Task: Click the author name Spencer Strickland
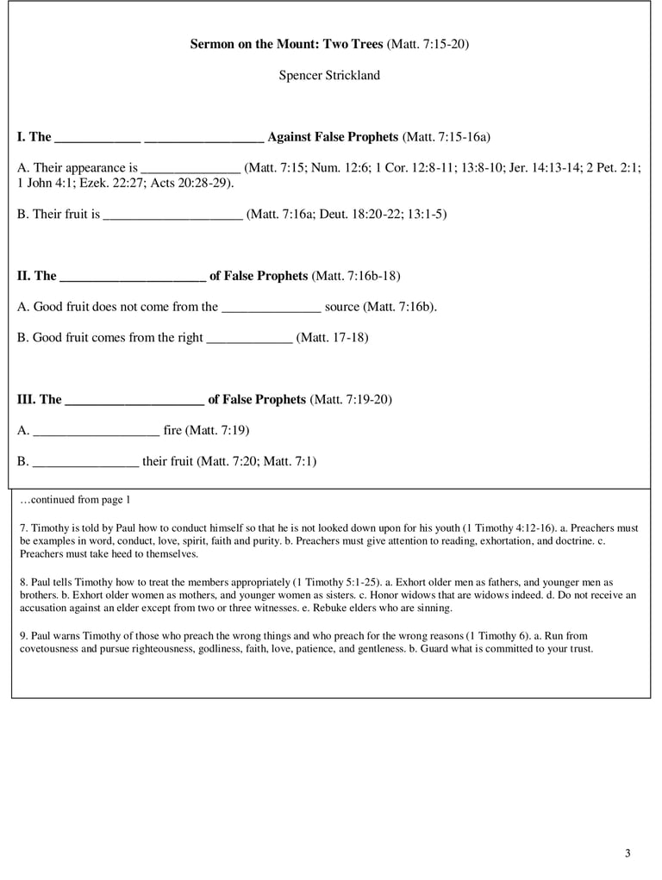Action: [x=329, y=75]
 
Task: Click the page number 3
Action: [x=628, y=853]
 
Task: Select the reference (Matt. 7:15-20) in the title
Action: [x=428, y=44]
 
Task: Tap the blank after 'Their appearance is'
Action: [x=190, y=168]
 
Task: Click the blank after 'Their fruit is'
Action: [x=172, y=214]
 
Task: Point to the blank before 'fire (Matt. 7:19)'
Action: [x=95, y=430]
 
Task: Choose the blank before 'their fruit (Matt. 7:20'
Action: [x=85, y=461]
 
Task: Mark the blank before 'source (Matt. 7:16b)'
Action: [x=272, y=307]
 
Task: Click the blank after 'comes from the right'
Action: [x=250, y=338]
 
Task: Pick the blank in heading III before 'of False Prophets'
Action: [x=134, y=399]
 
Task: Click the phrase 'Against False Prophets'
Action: [x=333, y=137]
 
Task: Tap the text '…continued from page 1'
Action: [x=75, y=500]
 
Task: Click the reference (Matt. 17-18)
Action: [x=332, y=338]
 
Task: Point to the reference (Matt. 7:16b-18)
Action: [x=355, y=276]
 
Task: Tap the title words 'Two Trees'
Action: [x=354, y=44]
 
